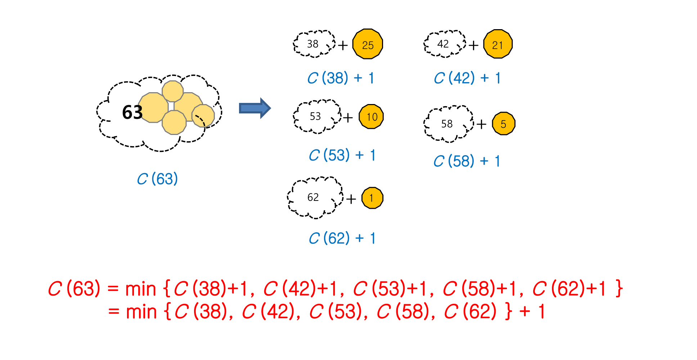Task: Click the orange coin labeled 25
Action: pos(367,44)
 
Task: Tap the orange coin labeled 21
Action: pos(498,44)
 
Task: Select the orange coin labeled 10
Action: pos(371,117)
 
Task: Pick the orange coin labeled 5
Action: pos(503,124)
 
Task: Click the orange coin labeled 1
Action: pos(372,198)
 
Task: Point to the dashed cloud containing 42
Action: pos(444,44)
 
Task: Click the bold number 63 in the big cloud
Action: pos(132,112)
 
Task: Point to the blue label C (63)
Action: pos(157,179)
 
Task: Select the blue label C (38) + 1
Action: pos(341,78)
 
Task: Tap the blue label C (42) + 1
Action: pos(467,78)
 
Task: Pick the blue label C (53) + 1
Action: pos(342,156)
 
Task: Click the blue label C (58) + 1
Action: pos(467,161)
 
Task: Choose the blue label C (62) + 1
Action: pos(342,238)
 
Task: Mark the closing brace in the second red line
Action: pos(508,312)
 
